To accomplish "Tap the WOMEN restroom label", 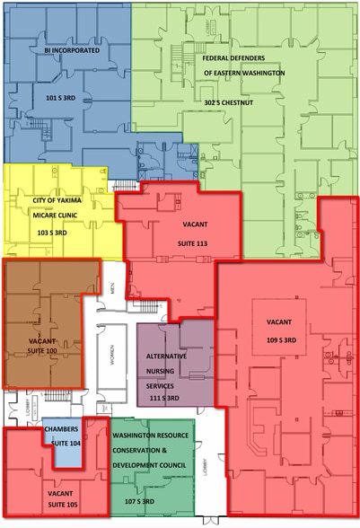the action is click(114, 356).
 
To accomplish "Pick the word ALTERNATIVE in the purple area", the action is click(165, 356).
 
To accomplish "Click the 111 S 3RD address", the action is click(167, 396).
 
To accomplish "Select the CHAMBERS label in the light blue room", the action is click(63, 429).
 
